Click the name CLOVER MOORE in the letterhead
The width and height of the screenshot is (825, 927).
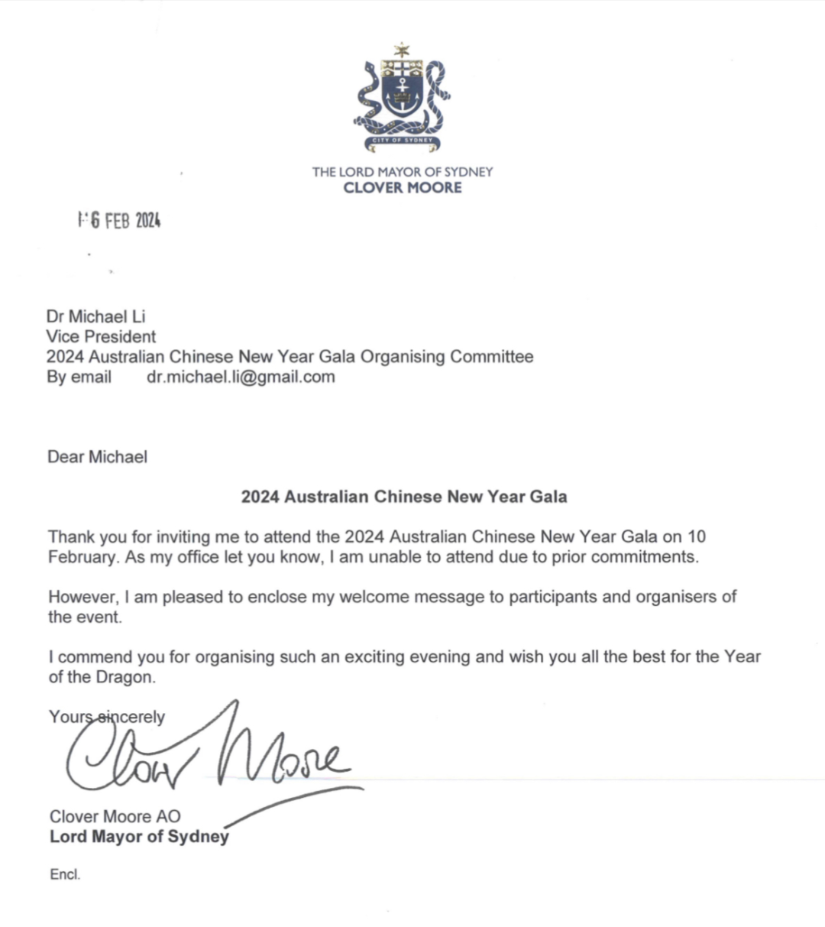point(403,188)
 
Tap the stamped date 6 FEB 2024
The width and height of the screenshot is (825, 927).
point(120,221)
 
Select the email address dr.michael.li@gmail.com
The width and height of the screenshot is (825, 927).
point(241,377)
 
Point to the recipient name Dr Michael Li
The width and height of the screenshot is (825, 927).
point(95,316)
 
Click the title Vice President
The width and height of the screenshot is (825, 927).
point(101,336)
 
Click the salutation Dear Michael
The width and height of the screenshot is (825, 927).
point(97,457)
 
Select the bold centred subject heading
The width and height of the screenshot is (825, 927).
point(404,497)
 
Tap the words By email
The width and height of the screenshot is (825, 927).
point(79,377)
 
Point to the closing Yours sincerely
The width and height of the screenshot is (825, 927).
point(107,717)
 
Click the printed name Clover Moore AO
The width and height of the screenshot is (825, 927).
point(115,816)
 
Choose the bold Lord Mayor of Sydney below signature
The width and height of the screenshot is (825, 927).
point(139,836)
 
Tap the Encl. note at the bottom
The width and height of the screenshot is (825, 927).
point(65,875)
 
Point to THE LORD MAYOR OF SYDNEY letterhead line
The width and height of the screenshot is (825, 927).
point(403,172)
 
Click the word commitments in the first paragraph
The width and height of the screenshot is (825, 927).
point(645,556)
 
